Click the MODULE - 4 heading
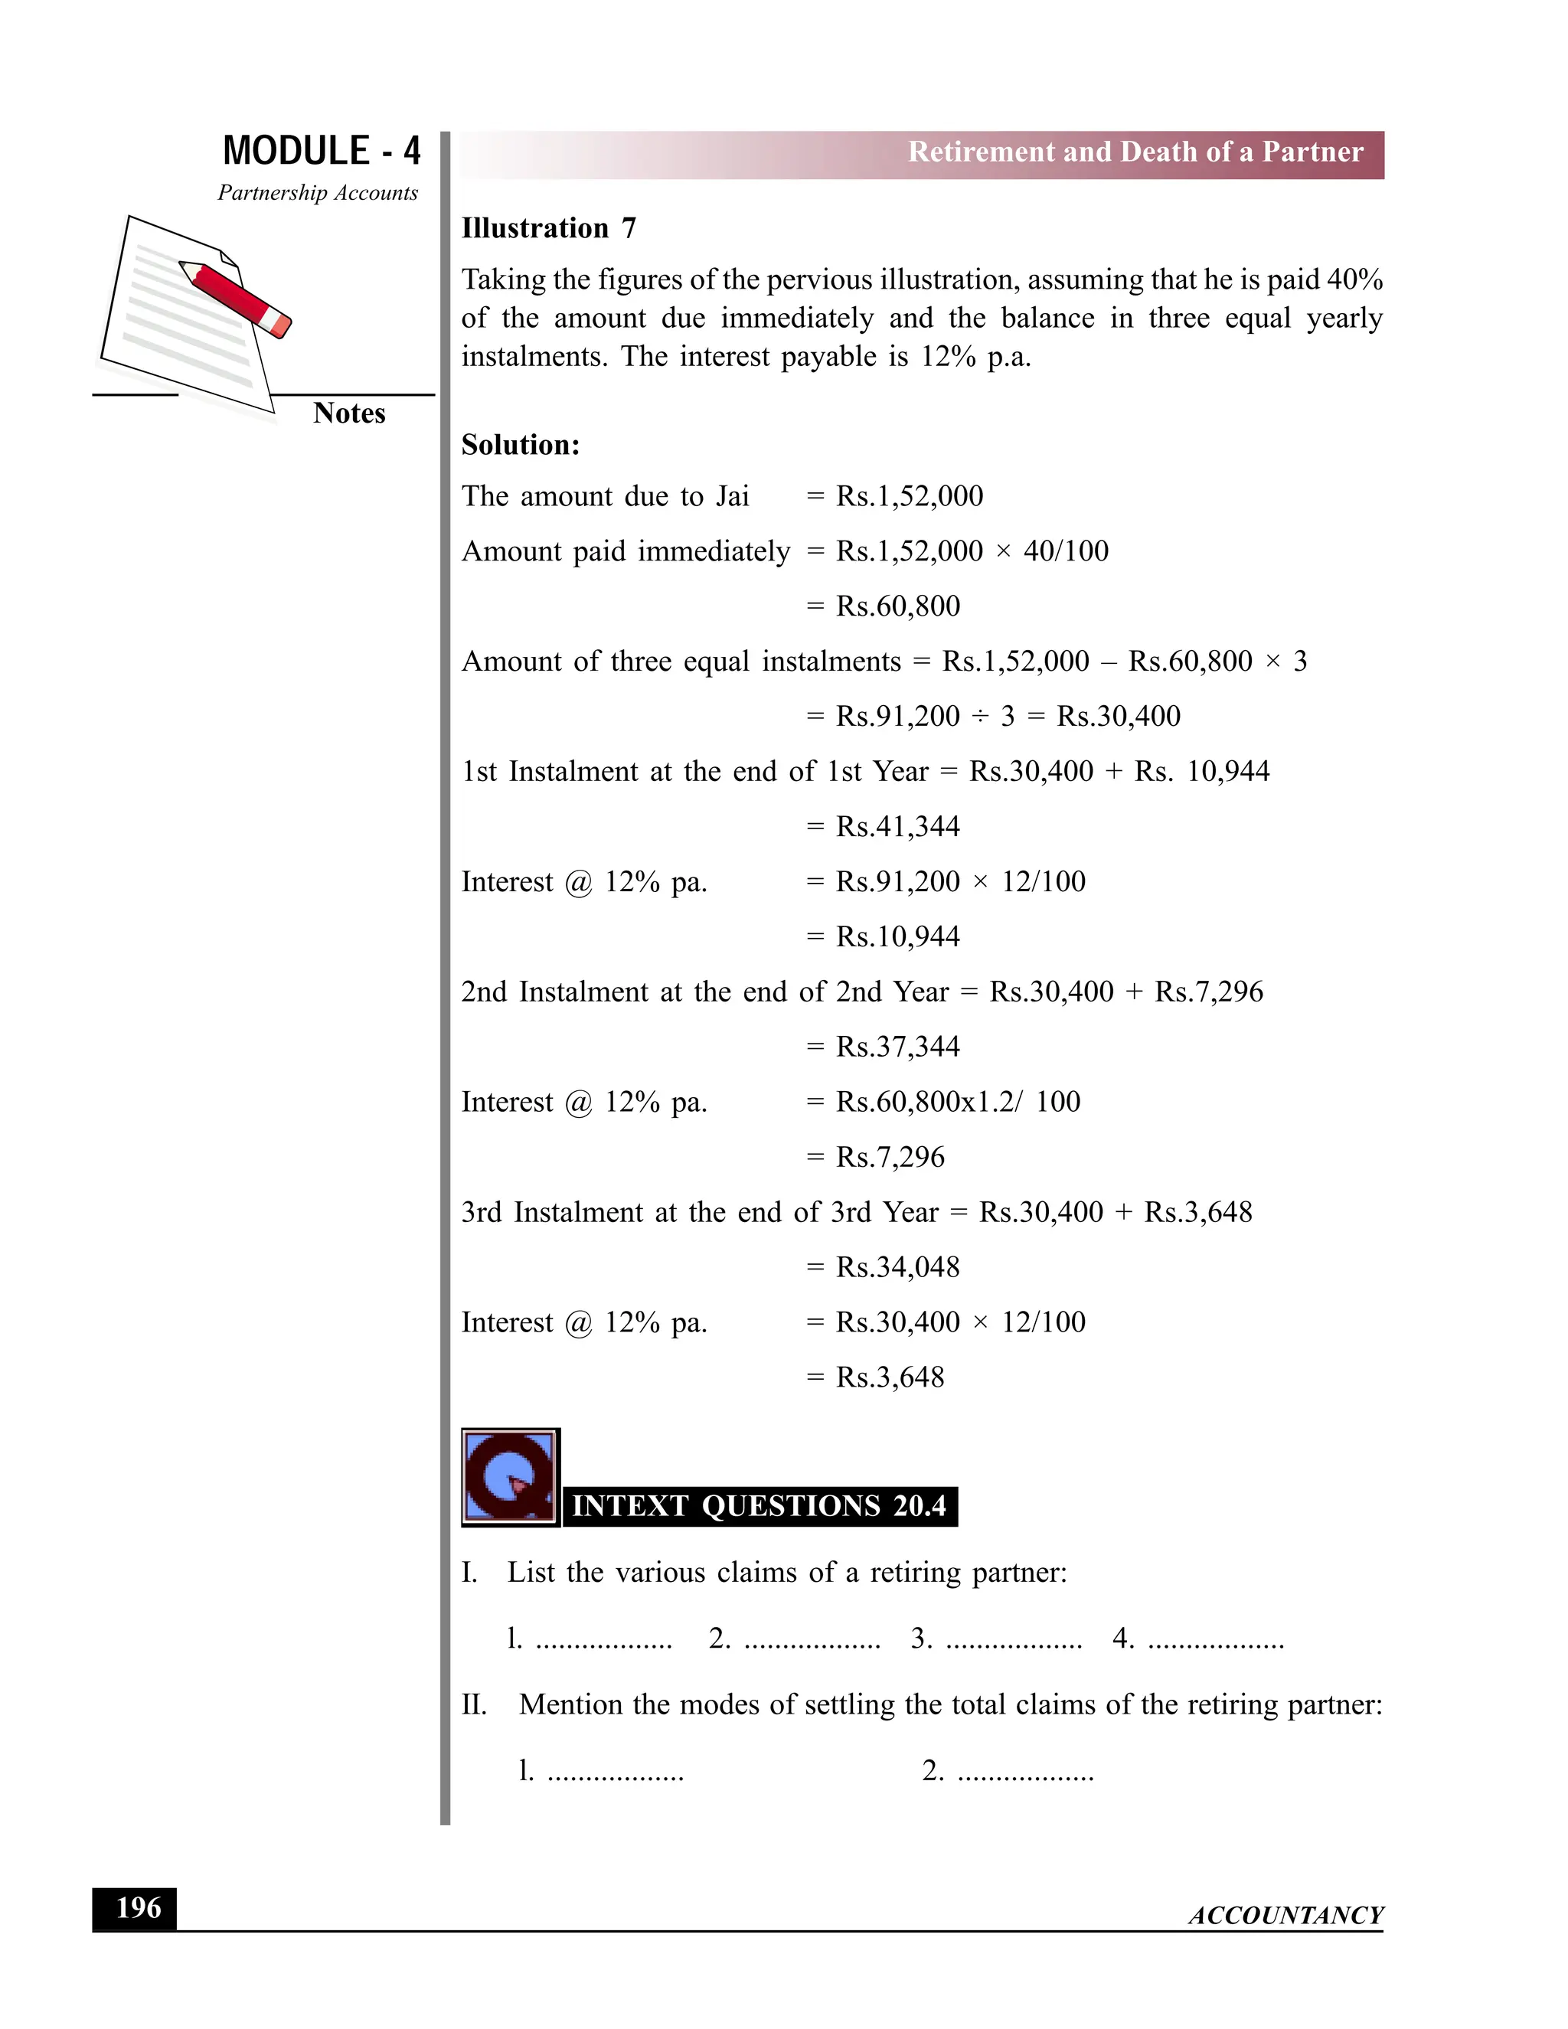click(x=322, y=151)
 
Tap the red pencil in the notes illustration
click(x=237, y=298)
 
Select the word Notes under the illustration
click(x=348, y=413)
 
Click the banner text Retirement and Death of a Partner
click(x=1135, y=152)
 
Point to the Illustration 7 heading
click(x=548, y=228)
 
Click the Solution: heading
click(x=520, y=445)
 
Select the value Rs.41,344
click(x=897, y=826)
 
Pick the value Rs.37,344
click(x=897, y=1046)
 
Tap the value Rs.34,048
click(x=897, y=1266)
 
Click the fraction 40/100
click(x=1066, y=551)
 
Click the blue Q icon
click(x=510, y=1476)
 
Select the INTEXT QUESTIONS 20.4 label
click(x=759, y=1506)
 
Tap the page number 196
click(x=136, y=1908)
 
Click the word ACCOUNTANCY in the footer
click(x=1285, y=1916)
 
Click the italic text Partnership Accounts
click(x=318, y=193)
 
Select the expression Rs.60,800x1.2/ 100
click(x=958, y=1102)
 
